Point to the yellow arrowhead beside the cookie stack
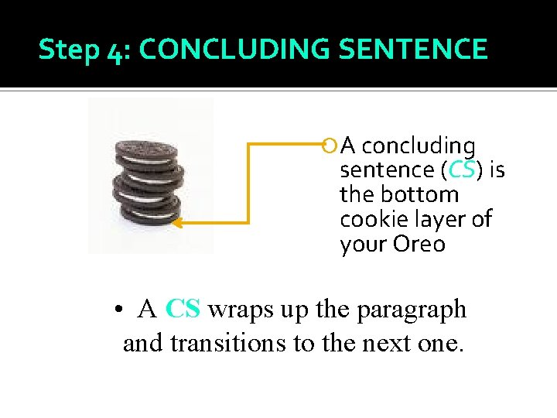[x=176, y=223]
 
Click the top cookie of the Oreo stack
[x=149, y=147]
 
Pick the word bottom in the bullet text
[x=423, y=194]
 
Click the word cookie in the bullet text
[x=370, y=219]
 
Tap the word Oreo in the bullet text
[x=420, y=244]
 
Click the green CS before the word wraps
[x=183, y=309]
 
